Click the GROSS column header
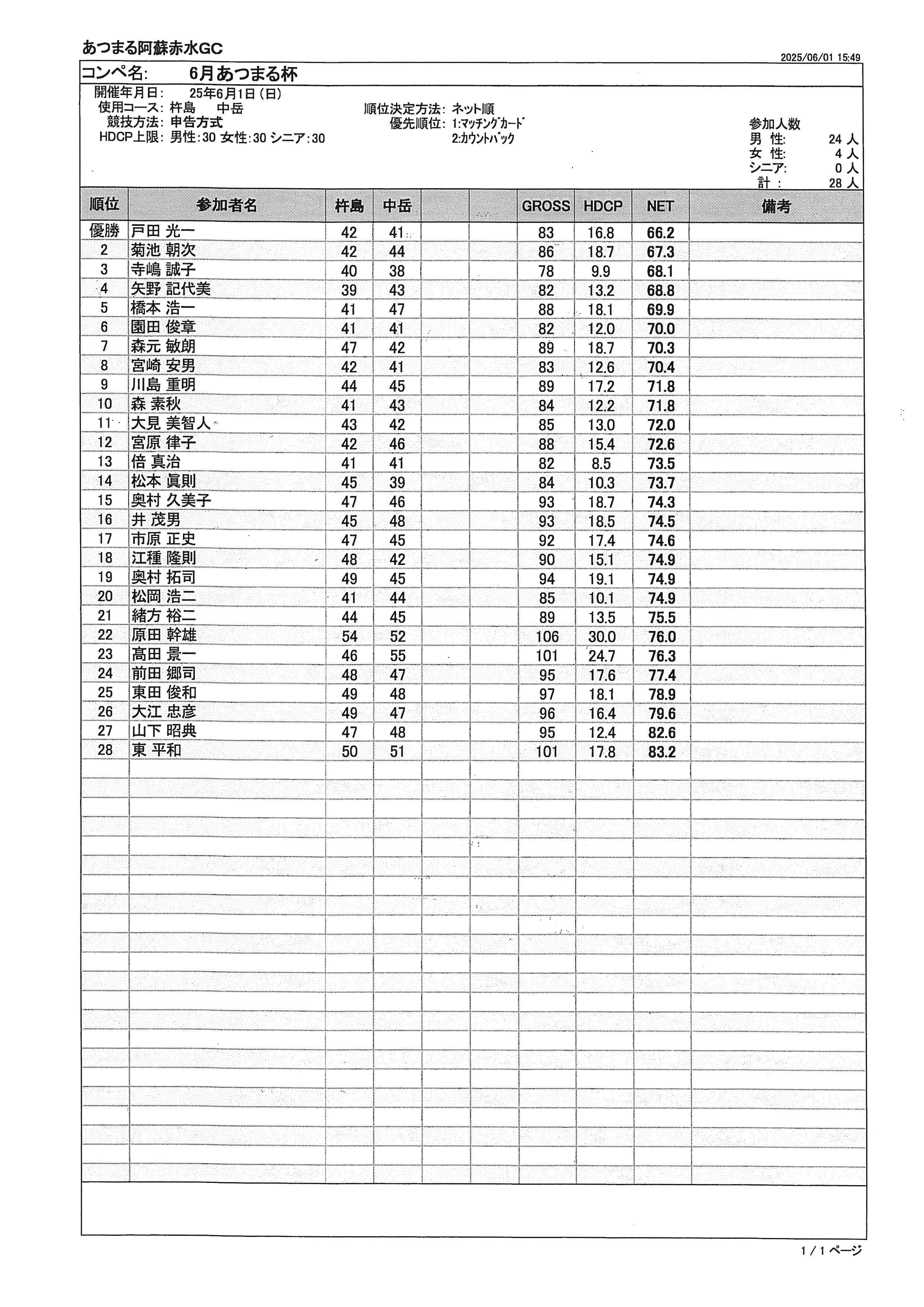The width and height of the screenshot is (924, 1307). click(x=545, y=206)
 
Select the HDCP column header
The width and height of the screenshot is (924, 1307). click(x=602, y=206)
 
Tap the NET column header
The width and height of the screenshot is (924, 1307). click(x=660, y=206)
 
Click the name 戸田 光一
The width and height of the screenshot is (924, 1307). click(x=163, y=231)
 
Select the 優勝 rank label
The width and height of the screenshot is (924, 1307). click(x=105, y=231)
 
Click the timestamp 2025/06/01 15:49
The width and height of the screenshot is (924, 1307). click(x=820, y=57)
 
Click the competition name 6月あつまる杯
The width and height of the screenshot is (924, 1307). click(x=244, y=74)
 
